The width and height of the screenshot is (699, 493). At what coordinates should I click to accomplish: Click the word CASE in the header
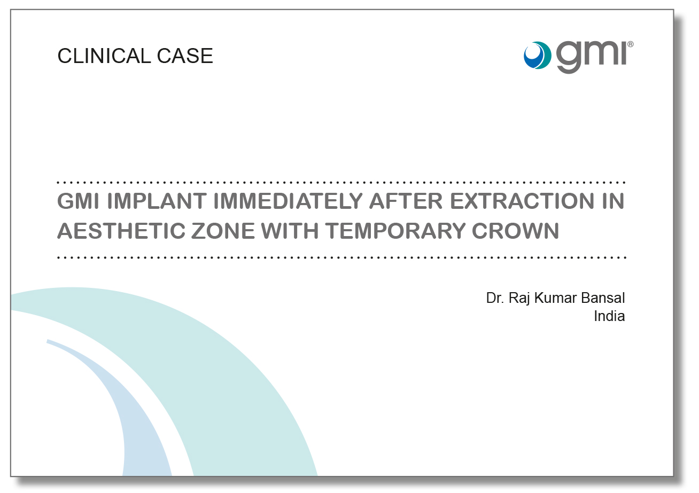[185, 56]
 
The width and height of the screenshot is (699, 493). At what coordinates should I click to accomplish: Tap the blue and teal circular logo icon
[538, 55]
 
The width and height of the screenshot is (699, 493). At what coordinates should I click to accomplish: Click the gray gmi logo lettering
[592, 57]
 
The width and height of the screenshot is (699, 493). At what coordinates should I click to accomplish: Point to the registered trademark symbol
[630, 44]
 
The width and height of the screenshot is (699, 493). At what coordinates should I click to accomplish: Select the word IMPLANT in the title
[157, 201]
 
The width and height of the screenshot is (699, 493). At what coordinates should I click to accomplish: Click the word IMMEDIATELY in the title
[288, 201]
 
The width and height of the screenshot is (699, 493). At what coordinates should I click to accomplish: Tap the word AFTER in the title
[406, 201]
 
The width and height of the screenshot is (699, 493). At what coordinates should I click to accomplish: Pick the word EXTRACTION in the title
[522, 201]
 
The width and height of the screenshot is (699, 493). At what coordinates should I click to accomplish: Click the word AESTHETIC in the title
[121, 231]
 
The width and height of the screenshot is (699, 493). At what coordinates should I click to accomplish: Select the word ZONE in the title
[223, 231]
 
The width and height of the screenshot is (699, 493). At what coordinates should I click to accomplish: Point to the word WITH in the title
[290, 231]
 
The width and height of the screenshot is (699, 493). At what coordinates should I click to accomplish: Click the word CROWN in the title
[515, 231]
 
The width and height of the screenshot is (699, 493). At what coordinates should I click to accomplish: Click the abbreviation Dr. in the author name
[495, 298]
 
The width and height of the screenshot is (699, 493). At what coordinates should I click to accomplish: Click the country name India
[609, 316]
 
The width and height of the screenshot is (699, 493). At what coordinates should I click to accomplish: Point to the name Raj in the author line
[519, 299]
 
